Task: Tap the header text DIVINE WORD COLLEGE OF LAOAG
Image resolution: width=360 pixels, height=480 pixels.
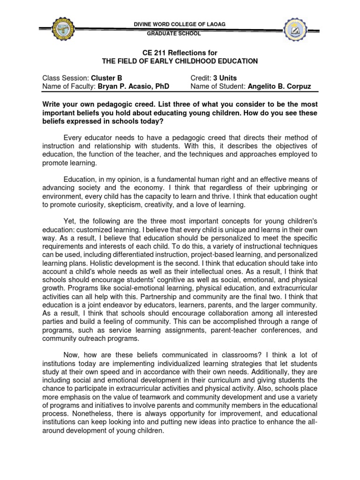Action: tap(180, 25)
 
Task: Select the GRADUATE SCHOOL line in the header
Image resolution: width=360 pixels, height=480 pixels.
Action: tap(180, 34)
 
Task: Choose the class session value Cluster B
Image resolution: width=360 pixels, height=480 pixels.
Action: tap(103, 78)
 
